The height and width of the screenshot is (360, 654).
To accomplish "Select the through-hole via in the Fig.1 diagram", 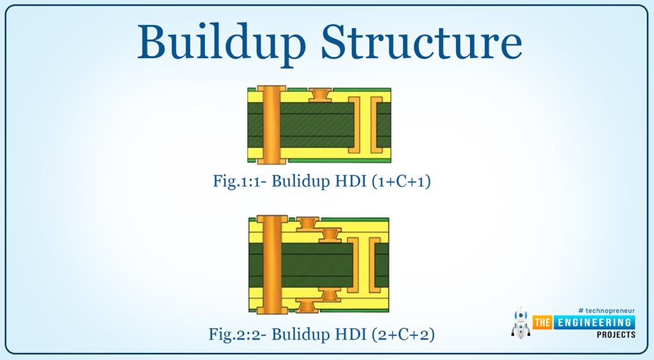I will [271, 124].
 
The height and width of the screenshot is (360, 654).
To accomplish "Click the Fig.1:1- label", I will [240, 181].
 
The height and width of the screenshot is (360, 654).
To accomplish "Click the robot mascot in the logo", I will [521, 322].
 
